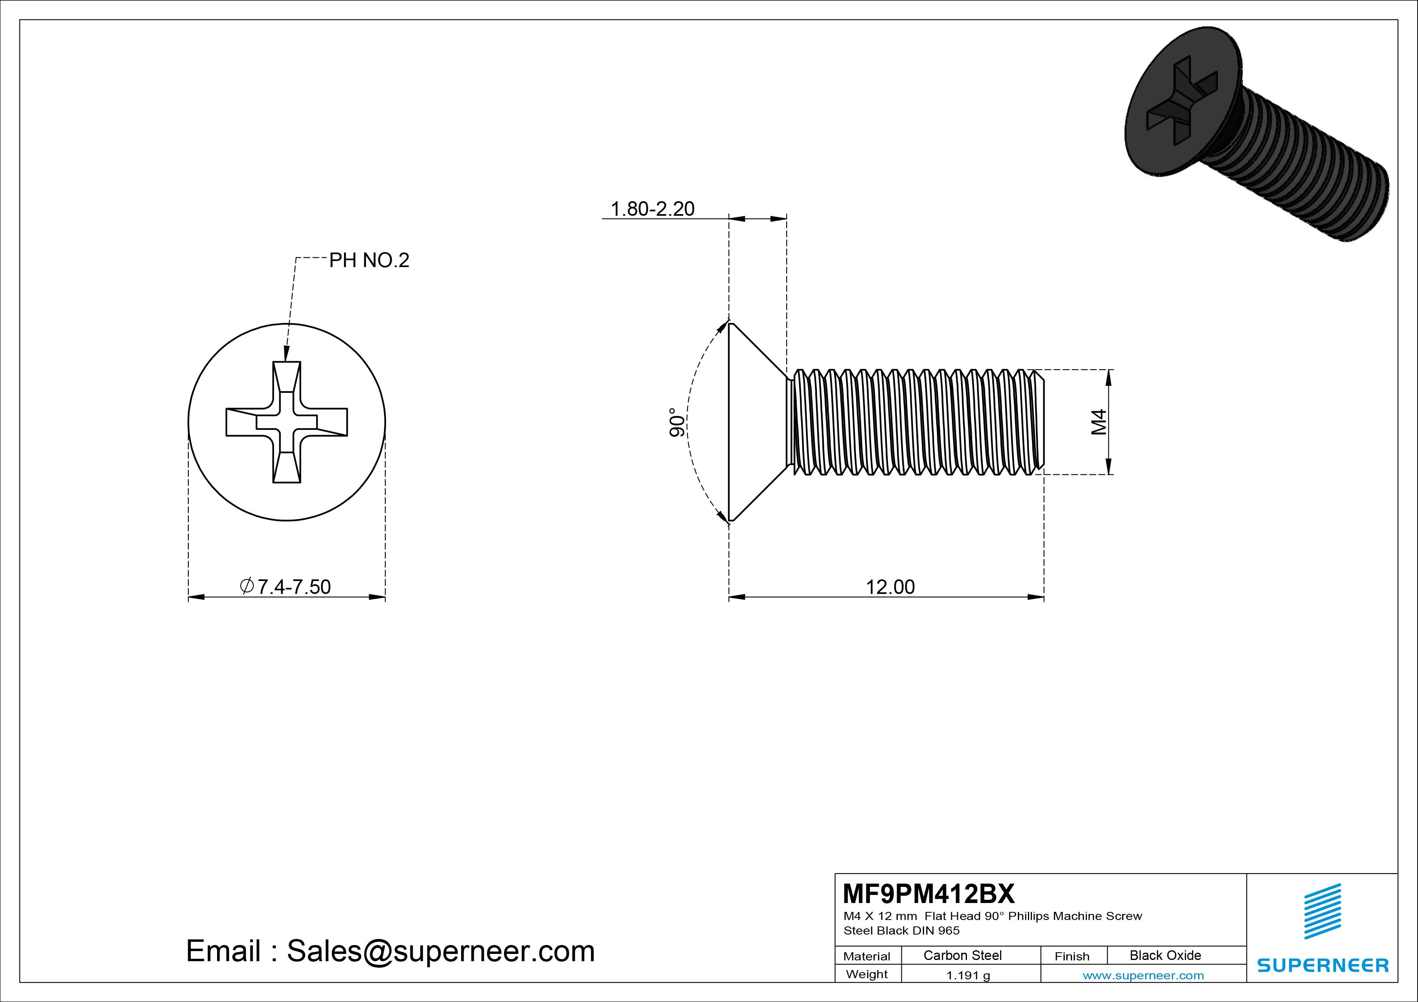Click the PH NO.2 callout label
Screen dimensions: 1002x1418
pyautogui.click(x=369, y=261)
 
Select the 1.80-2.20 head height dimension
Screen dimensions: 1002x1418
pyautogui.click(x=652, y=208)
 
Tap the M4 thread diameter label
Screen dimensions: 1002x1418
pyautogui.click(x=1099, y=422)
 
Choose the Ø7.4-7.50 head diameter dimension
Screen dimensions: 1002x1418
pyautogui.click(x=285, y=587)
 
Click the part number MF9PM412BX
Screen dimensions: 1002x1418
pyautogui.click(x=928, y=893)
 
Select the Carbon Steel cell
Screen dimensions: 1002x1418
pyautogui.click(x=962, y=955)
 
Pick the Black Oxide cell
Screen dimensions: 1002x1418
pyautogui.click(x=1165, y=955)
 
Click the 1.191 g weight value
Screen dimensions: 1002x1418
pyautogui.click(x=968, y=975)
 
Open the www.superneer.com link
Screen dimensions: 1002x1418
pyautogui.click(x=1143, y=975)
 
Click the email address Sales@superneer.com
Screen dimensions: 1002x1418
pyautogui.click(x=440, y=951)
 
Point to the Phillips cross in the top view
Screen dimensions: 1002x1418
pyautogui.click(x=287, y=422)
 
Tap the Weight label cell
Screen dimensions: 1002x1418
pyautogui.click(x=867, y=974)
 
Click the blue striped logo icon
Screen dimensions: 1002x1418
pyautogui.click(x=1322, y=911)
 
